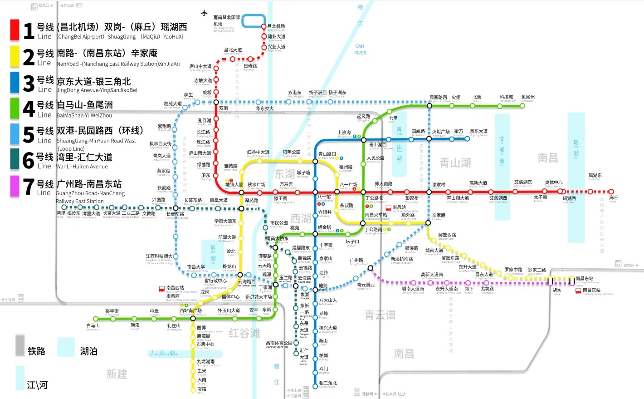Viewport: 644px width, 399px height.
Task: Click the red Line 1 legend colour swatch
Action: [15, 30]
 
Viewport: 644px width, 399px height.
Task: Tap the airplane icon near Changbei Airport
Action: [204, 13]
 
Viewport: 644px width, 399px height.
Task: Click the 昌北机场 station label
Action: [276, 26]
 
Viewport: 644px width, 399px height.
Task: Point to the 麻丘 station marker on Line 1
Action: [611, 192]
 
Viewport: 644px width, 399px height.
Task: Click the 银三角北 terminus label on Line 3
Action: [328, 383]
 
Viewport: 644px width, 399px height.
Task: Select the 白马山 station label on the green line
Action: [93, 325]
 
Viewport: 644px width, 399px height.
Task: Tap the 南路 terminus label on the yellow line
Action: [202, 389]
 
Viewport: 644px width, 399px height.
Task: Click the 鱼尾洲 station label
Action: [528, 97]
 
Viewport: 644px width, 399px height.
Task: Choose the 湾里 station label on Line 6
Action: [61, 213]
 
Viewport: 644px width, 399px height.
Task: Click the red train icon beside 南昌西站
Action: [162, 288]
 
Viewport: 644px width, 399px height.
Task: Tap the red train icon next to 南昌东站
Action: [578, 291]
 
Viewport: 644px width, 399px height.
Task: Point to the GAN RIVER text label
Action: [360, 49]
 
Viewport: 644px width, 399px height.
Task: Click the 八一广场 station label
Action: [348, 185]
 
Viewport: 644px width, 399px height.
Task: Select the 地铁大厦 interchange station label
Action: [234, 185]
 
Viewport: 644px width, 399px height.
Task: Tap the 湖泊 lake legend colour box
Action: [66, 347]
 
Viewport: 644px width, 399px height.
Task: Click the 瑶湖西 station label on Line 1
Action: [569, 198]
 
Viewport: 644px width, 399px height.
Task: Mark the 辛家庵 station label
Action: [439, 215]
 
